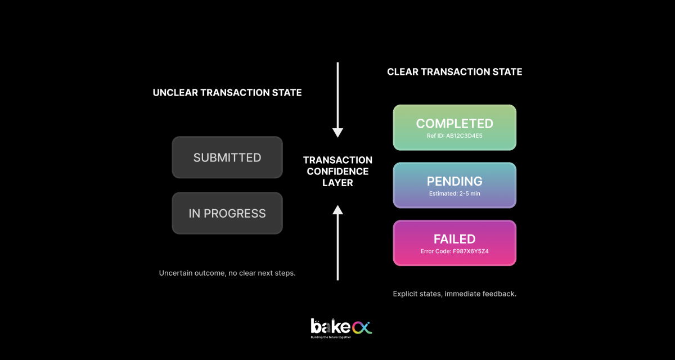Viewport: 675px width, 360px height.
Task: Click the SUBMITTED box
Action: (x=227, y=157)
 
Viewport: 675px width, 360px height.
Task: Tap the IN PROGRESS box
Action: (x=227, y=213)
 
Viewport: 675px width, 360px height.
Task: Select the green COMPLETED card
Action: (x=454, y=128)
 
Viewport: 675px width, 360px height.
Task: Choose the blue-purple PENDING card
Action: (x=454, y=185)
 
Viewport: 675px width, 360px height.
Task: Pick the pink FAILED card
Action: (x=454, y=243)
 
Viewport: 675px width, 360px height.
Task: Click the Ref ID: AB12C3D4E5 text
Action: (x=454, y=136)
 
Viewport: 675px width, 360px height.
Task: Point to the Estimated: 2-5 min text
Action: (x=454, y=193)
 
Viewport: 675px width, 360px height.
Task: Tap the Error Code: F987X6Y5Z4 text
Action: (x=454, y=251)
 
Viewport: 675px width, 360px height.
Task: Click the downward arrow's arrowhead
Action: (x=337, y=133)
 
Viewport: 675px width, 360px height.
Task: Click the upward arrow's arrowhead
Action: (x=337, y=210)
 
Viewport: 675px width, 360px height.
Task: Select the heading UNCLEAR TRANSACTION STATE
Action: (x=227, y=92)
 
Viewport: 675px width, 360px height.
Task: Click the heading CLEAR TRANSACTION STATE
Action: (x=454, y=71)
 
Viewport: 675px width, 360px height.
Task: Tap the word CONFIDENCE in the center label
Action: (x=337, y=172)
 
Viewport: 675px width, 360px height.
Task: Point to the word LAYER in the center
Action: (x=337, y=183)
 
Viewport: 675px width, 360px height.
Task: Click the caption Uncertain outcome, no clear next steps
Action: (x=227, y=273)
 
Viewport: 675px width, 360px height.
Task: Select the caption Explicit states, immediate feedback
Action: (x=454, y=294)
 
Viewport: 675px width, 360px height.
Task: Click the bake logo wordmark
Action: (x=331, y=326)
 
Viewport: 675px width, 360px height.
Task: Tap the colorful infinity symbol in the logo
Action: (x=362, y=328)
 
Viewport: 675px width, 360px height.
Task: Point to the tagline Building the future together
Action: (x=331, y=337)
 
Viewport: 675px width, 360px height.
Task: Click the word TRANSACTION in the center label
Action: (x=337, y=160)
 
